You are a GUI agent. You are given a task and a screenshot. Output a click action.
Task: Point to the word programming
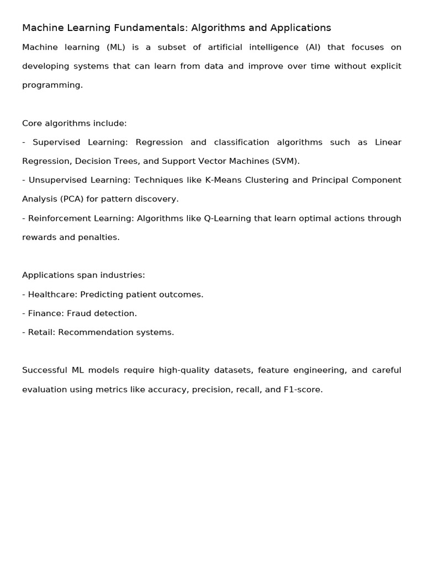point(52,86)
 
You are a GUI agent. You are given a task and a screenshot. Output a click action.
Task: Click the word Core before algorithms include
point(33,123)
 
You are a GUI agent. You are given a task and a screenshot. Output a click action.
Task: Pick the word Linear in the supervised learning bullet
point(388,142)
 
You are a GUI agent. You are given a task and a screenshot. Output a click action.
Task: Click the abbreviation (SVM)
point(285,161)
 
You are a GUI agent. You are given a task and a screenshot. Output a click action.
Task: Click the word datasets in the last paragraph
point(232,370)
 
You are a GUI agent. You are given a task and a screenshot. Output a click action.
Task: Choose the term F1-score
point(303,390)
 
